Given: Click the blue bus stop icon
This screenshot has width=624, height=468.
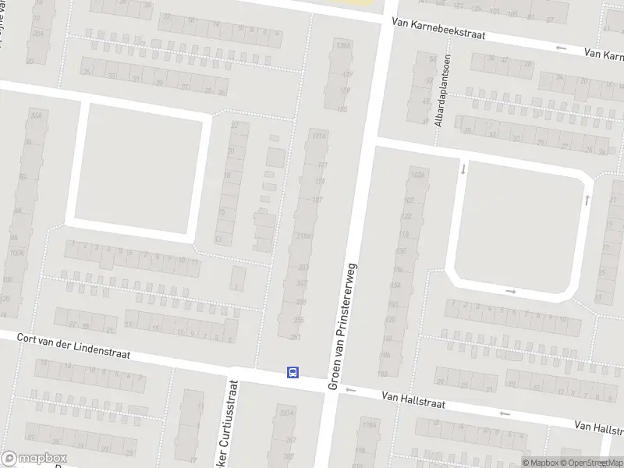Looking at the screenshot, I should point(293,372).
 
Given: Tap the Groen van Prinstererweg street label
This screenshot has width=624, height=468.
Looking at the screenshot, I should point(342,326).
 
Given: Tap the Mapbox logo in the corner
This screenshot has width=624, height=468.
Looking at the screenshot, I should point(34,459).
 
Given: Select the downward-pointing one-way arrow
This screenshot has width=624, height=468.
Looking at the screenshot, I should point(463,168).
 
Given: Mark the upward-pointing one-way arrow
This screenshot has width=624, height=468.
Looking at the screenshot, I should point(586,200).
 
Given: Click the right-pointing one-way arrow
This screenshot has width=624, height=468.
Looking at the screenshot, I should point(511,292).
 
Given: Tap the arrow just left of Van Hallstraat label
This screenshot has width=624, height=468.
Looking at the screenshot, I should point(350,390).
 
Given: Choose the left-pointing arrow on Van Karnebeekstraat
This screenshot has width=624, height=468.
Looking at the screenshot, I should point(560,48).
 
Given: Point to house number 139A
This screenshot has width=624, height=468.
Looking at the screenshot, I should point(339,47).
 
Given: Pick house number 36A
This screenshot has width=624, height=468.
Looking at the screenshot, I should point(35,115).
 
